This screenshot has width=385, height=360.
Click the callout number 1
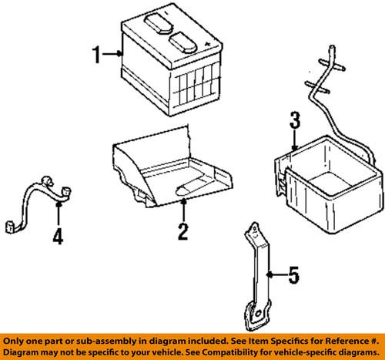click(98, 55)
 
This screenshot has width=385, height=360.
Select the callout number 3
click(293, 119)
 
